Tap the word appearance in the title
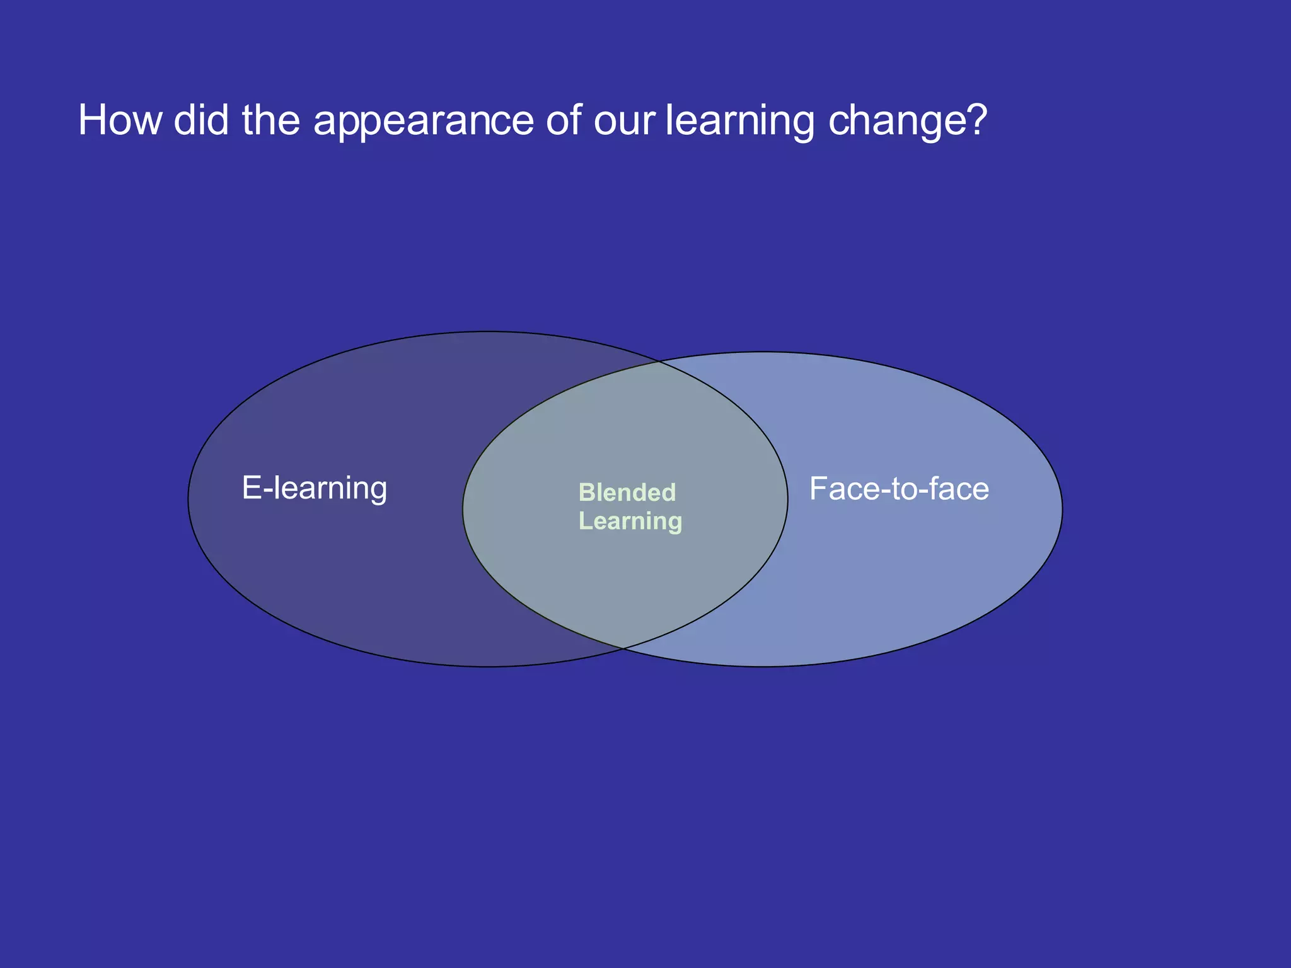click(x=424, y=121)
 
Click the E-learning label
click(x=315, y=488)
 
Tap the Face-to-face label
click(x=899, y=489)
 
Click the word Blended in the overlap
click(x=627, y=492)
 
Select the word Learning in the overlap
click(x=630, y=521)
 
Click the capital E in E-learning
click(x=251, y=488)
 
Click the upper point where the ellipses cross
click(x=659, y=362)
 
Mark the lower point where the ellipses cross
click(x=623, y=648)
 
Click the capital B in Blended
click(x=586, y=492)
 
